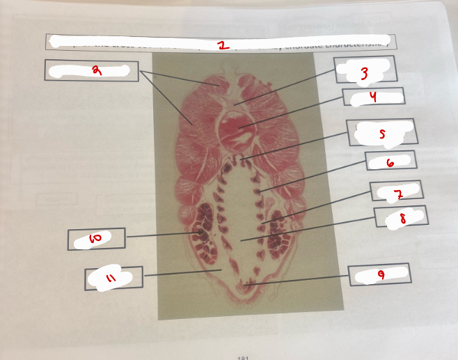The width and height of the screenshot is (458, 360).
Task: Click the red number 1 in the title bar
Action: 222,45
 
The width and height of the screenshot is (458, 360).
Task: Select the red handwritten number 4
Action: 374,97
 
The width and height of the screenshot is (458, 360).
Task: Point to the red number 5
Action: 381,132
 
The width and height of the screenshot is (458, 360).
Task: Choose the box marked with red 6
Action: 390,161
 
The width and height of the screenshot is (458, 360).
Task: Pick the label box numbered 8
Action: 402,217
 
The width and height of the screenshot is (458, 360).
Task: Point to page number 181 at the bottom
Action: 243,357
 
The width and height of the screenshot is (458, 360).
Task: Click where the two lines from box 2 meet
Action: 139,71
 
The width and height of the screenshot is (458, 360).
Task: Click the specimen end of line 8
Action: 241,240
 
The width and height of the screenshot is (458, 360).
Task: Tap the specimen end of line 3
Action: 235,104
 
